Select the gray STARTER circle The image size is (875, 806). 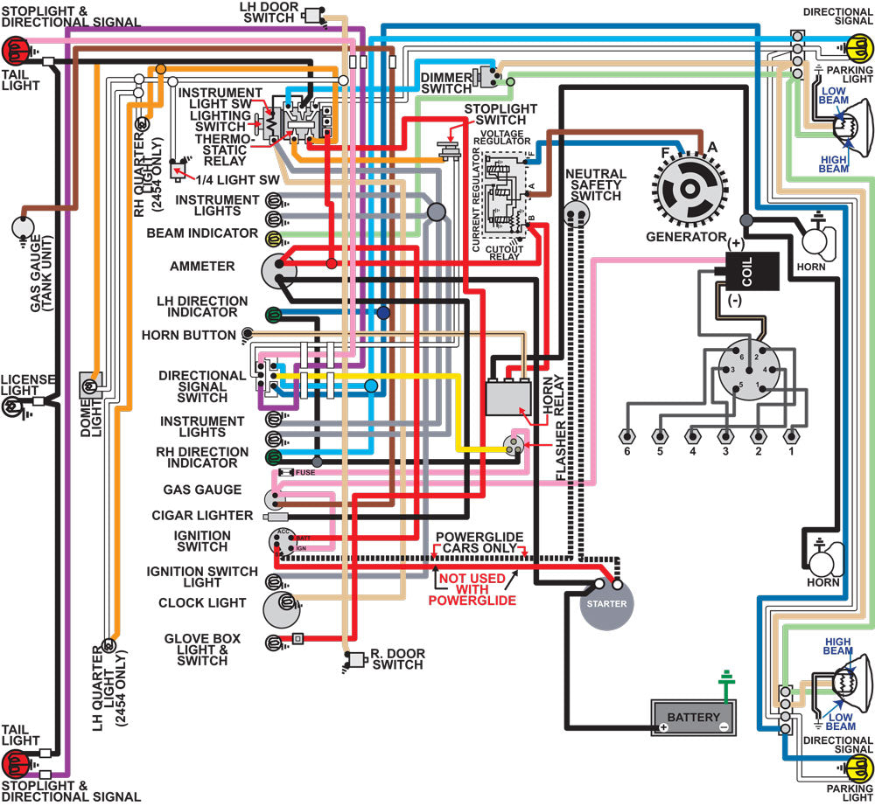pos(606,605)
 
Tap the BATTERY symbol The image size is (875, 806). pos(693,718)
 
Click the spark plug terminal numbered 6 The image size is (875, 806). pos(626,436)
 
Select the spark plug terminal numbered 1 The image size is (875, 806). pos(792,436)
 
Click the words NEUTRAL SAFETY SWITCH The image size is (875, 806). pos(597,184)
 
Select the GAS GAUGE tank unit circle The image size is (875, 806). pos(24,229)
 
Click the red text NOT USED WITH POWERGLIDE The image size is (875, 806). pos(472,589)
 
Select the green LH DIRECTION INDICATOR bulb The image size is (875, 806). pos(273,314)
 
